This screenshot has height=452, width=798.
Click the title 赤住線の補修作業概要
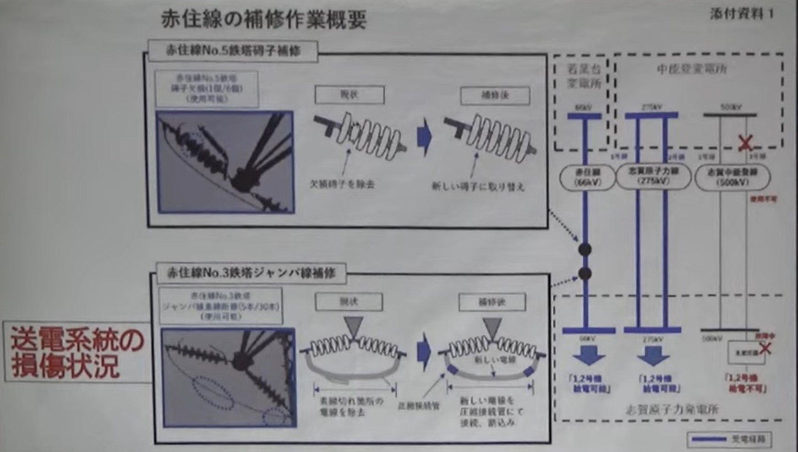tap(263, 20)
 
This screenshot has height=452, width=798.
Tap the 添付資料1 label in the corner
tap(742, 14)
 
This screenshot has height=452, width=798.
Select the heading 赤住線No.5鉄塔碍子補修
tap(233, 50)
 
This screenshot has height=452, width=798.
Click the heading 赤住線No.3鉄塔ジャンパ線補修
tap(251, 273)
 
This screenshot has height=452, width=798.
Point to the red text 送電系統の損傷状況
tap(77, 352)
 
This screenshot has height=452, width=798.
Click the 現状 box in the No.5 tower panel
tap(349, 95)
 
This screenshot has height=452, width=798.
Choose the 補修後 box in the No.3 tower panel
tap(492, 302)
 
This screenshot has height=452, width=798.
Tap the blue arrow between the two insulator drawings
tap(425, 136)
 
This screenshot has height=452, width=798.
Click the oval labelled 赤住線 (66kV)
tap(587, 177)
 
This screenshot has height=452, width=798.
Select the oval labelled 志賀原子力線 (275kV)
tap(653, 176)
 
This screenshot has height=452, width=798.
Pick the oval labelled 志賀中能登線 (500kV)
tap(732, 177)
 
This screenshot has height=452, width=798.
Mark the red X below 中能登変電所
tap(745, 143)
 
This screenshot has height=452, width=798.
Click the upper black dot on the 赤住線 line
tap(585, 249)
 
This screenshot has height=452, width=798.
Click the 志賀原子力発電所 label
tap(672, 409)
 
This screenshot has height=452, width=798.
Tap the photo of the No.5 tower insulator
tap(225, 162)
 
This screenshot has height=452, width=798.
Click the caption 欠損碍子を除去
tap(342, 184)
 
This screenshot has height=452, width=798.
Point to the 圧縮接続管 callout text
tap(419, 405)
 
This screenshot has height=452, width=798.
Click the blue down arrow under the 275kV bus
tap(653, 355)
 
